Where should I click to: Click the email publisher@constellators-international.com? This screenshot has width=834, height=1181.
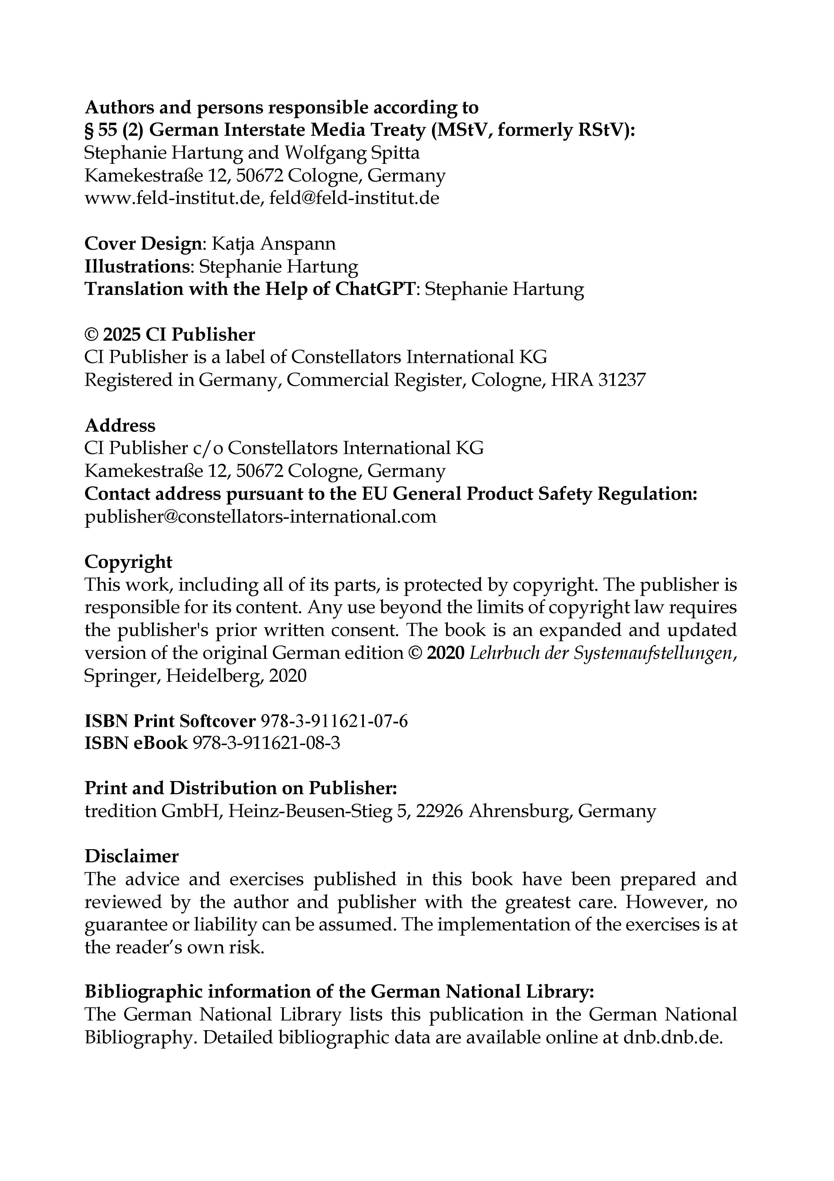click(260, 516)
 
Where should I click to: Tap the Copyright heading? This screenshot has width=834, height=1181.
click(128, 562)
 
